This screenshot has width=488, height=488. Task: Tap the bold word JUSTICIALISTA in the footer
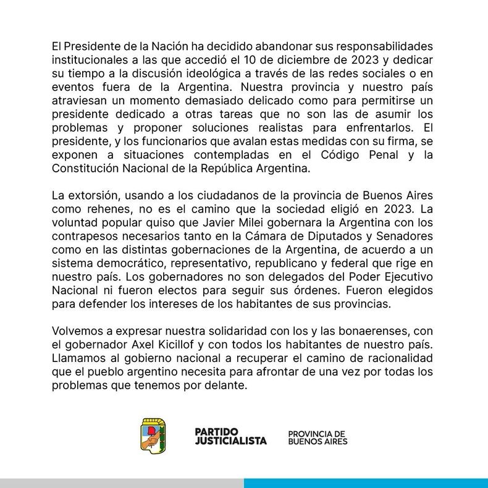(x=230, y=441)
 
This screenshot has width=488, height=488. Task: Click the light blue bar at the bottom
(x=366, y=482)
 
